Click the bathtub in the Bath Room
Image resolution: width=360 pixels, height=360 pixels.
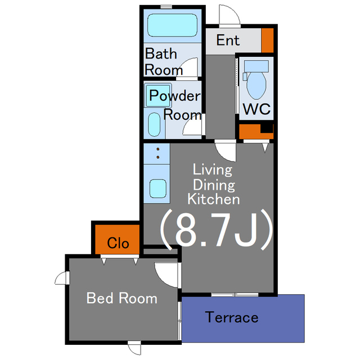[172, 25]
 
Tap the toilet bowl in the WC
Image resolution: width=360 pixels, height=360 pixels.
[256, 85]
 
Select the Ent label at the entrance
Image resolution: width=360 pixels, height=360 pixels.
[228, 40]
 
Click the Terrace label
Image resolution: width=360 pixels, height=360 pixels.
[232, 317]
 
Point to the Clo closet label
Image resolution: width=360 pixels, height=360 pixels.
[118, 243]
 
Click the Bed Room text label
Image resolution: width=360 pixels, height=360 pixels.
[121, 298]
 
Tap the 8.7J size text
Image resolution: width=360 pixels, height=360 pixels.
[216, 229]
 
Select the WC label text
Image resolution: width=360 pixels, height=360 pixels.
[256, 109]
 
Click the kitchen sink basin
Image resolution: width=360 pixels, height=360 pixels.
[158, 188]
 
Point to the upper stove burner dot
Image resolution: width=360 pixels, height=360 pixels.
[158, 149]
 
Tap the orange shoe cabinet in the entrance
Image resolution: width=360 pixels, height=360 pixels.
[268, 40]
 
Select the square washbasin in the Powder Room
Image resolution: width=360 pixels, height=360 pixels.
[158, 95]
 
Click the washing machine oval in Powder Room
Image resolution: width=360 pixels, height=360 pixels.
[154, 124]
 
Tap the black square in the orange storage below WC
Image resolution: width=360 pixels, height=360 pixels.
[267, 128]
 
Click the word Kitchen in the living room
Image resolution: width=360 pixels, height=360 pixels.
[214, 199]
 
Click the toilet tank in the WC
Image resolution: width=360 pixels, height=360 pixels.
[256, 66]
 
